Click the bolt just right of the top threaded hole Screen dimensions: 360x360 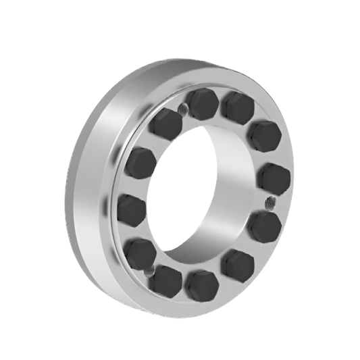[201, 103]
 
